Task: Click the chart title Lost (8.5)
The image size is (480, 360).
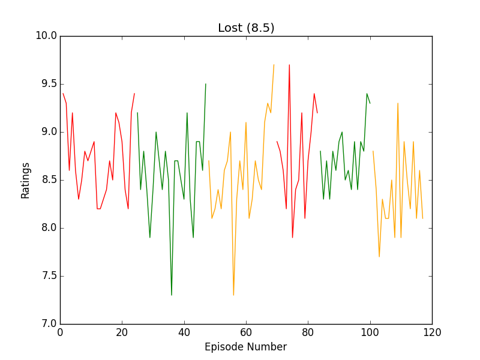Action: tap(246, 28)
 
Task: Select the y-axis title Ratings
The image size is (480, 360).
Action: tap(25, 180)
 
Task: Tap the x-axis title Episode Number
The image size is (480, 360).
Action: tap(245, 347)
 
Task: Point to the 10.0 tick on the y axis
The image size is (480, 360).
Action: tap(46, 36)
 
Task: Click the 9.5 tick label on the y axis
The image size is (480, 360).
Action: tap(46, 84)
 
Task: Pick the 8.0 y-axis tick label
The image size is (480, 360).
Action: tap(46, 228)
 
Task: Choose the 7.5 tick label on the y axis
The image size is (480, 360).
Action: tap(46, 276)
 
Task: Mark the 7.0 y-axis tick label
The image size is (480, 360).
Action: tap(46, 324)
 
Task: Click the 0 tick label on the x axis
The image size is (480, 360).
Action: tap(60, 332)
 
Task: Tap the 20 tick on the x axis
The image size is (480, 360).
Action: tap(122, 332)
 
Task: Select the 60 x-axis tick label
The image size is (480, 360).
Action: tap(246, 332)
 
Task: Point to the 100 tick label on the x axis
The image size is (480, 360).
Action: tap(370, 332)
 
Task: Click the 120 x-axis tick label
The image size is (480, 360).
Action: tap(432, 332)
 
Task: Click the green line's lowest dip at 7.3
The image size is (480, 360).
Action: tap(172, 295)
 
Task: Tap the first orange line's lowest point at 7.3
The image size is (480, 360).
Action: tap(233, 295)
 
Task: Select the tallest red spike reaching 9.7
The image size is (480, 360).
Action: tap(289, 65)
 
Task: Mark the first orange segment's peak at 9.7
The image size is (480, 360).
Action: tap(274, 65)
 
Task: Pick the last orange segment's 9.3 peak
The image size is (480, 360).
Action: tap(398, 104)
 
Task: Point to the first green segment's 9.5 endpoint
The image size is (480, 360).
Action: tap(206, 84)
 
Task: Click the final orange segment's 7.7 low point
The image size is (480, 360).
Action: tap(379, 256)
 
